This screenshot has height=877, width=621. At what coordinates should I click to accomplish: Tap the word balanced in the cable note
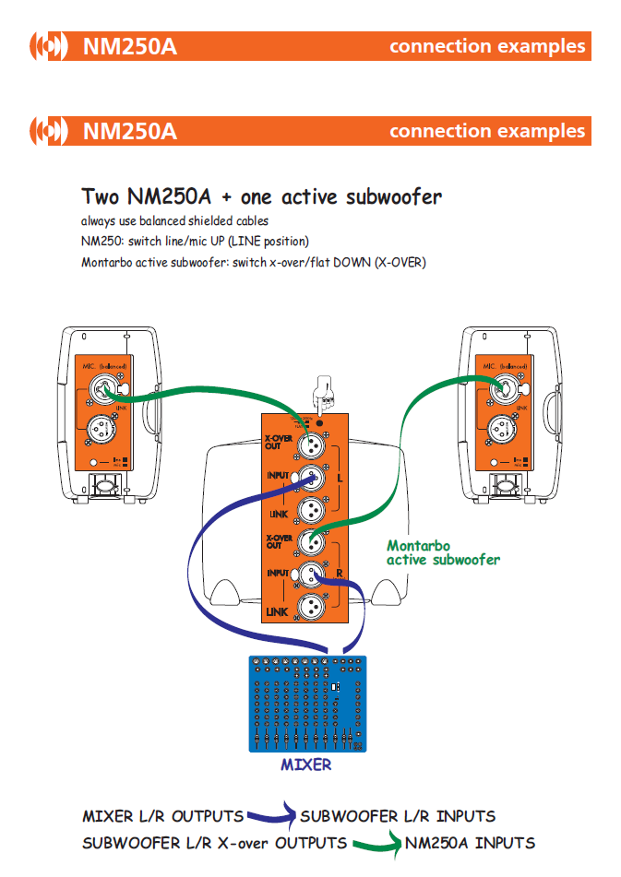(x=173, y=221)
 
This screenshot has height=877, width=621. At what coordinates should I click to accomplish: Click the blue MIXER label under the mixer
(x=305, y=764)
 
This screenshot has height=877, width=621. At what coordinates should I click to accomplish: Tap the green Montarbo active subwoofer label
(x=443, y=552)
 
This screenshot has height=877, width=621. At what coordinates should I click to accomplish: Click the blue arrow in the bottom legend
(x=271, y=815)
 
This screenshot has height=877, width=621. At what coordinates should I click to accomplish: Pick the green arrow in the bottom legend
(x=376, y=841)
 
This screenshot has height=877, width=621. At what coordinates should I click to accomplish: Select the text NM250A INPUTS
(x=470, y=842)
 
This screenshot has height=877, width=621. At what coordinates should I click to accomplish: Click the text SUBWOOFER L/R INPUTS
(x=398, y=816)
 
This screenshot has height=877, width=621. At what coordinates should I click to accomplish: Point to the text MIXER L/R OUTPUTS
(x=163, y=816)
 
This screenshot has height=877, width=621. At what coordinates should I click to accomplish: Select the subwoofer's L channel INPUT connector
(x=311, y=477)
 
